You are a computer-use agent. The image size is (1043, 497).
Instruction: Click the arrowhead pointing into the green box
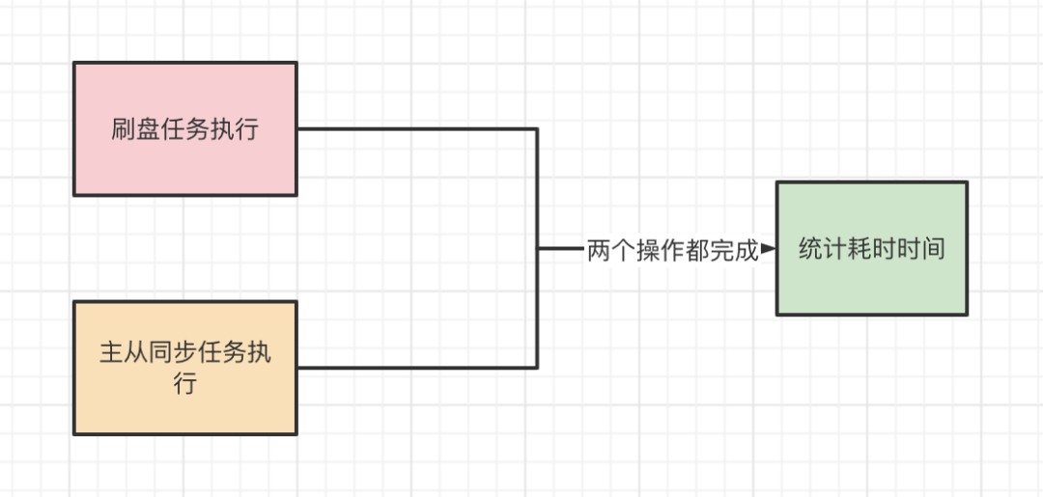[769, 249]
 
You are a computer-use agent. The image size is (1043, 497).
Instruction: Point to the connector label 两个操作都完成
[673, 250]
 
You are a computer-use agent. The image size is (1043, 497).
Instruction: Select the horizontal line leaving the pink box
[415, 128]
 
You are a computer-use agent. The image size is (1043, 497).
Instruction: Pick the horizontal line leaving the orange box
[415, 367]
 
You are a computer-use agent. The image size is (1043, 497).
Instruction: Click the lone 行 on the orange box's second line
[185, 383]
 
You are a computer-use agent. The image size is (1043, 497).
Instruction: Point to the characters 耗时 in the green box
[871, 249]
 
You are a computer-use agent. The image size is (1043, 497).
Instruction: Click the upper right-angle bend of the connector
[537, 128]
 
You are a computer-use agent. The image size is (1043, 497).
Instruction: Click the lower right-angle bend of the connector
[537, 367]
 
